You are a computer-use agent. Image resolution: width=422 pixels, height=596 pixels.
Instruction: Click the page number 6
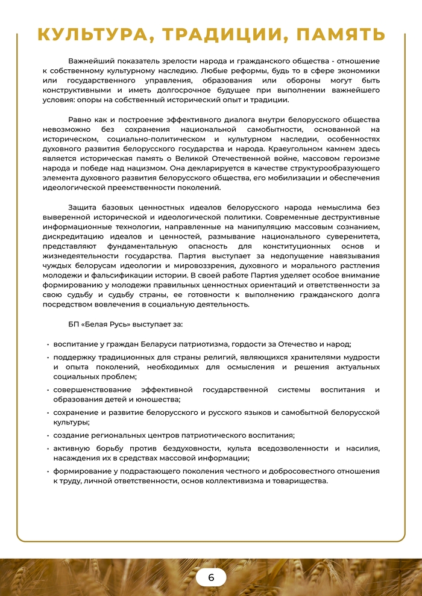point(211,577)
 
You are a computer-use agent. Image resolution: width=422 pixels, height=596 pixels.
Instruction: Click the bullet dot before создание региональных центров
point(48,435)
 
